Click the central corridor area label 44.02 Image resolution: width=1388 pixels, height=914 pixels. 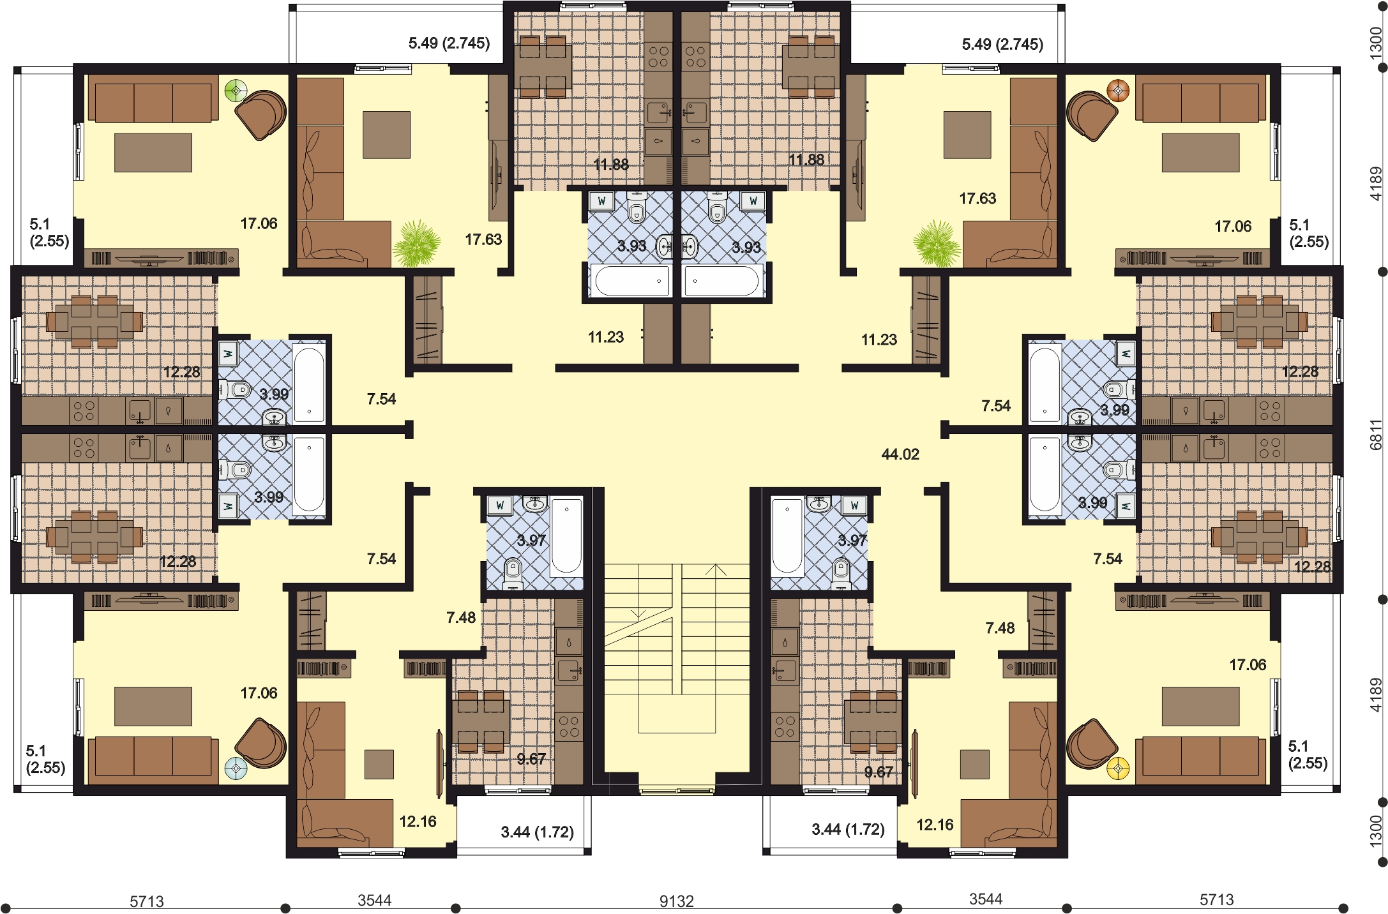pos(900,454)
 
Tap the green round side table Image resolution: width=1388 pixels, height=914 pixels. pos(236,91)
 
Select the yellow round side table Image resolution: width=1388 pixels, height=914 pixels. pos(1118,768)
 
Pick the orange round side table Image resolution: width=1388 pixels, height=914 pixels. pos(1118,91)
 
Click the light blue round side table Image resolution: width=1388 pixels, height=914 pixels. pos(236,769)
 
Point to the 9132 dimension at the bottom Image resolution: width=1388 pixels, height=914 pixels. pos(676,901)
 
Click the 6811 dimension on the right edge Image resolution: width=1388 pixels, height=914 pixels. pos(1376,435)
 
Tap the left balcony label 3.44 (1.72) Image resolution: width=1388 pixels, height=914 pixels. pos(537,832)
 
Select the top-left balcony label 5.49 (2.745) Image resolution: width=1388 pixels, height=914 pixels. pos(449,43)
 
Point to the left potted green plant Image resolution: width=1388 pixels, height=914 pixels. pos(416,243)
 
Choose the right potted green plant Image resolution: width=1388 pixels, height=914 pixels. pos(937,243)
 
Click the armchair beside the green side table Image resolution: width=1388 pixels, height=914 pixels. pos(260,115)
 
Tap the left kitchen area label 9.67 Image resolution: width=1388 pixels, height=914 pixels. pos(531,759)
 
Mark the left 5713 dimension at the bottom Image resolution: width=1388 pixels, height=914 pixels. pos(147,901)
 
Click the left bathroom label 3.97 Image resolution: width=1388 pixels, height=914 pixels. pos(531,541)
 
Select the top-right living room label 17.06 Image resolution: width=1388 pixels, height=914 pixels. pos(1232,226)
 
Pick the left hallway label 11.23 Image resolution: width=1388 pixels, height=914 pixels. pos(605,337)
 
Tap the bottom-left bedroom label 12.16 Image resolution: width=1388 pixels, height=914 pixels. pos(418,821)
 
